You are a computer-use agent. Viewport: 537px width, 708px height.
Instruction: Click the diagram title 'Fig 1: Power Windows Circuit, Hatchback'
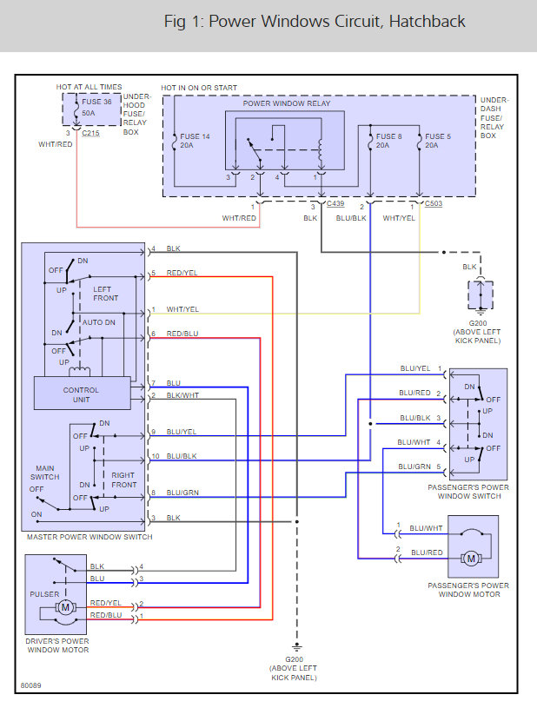[x=315, y=22]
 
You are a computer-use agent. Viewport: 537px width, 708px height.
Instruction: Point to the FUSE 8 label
[x=390, y=136]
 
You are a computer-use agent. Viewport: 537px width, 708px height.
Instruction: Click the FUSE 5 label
[x=438, y=136]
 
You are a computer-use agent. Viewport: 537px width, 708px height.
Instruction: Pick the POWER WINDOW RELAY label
[x=287, y=103]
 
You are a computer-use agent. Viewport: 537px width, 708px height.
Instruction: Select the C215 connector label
[x=90, y=135]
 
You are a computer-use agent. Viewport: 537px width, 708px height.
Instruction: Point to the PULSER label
[x=45, y=595]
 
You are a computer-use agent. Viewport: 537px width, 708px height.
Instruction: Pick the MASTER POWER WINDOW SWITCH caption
[x=89, y=537]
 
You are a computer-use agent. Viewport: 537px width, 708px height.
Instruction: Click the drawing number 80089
[x=32, y=685]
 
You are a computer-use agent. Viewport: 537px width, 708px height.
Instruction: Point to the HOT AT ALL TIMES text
[x=89, y=87]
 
